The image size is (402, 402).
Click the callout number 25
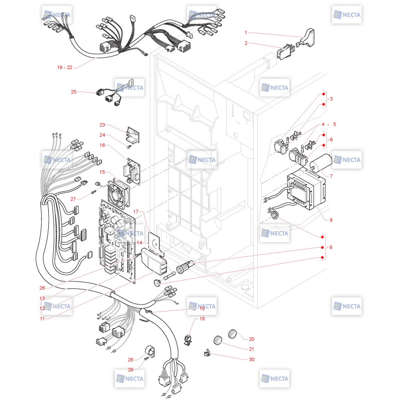click(x=73, y=92)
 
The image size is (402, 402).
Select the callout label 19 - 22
click(x=65, y=67)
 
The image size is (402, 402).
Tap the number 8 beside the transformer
click(x=331, y=220)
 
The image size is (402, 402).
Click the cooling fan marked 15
click(x=118, y=193)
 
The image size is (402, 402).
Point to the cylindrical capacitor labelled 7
click(x=321, y=162)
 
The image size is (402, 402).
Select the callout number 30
click(x=252, y=359)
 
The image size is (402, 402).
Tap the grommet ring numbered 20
click(x=232, y=334)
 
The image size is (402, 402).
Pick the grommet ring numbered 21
click(x=218, y=340)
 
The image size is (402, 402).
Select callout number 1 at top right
click(x=246, y=33)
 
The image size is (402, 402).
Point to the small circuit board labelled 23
click(x=133, y=135)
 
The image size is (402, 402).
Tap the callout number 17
click(x=136, y=212)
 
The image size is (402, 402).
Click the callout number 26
click(x=42, y=288)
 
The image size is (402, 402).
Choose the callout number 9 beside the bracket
click(x=331, y=247)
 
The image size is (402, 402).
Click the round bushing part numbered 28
click(x=150, y=351)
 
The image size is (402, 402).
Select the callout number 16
click(x=103, y=145)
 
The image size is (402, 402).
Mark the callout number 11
click(x=42, y=319)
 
